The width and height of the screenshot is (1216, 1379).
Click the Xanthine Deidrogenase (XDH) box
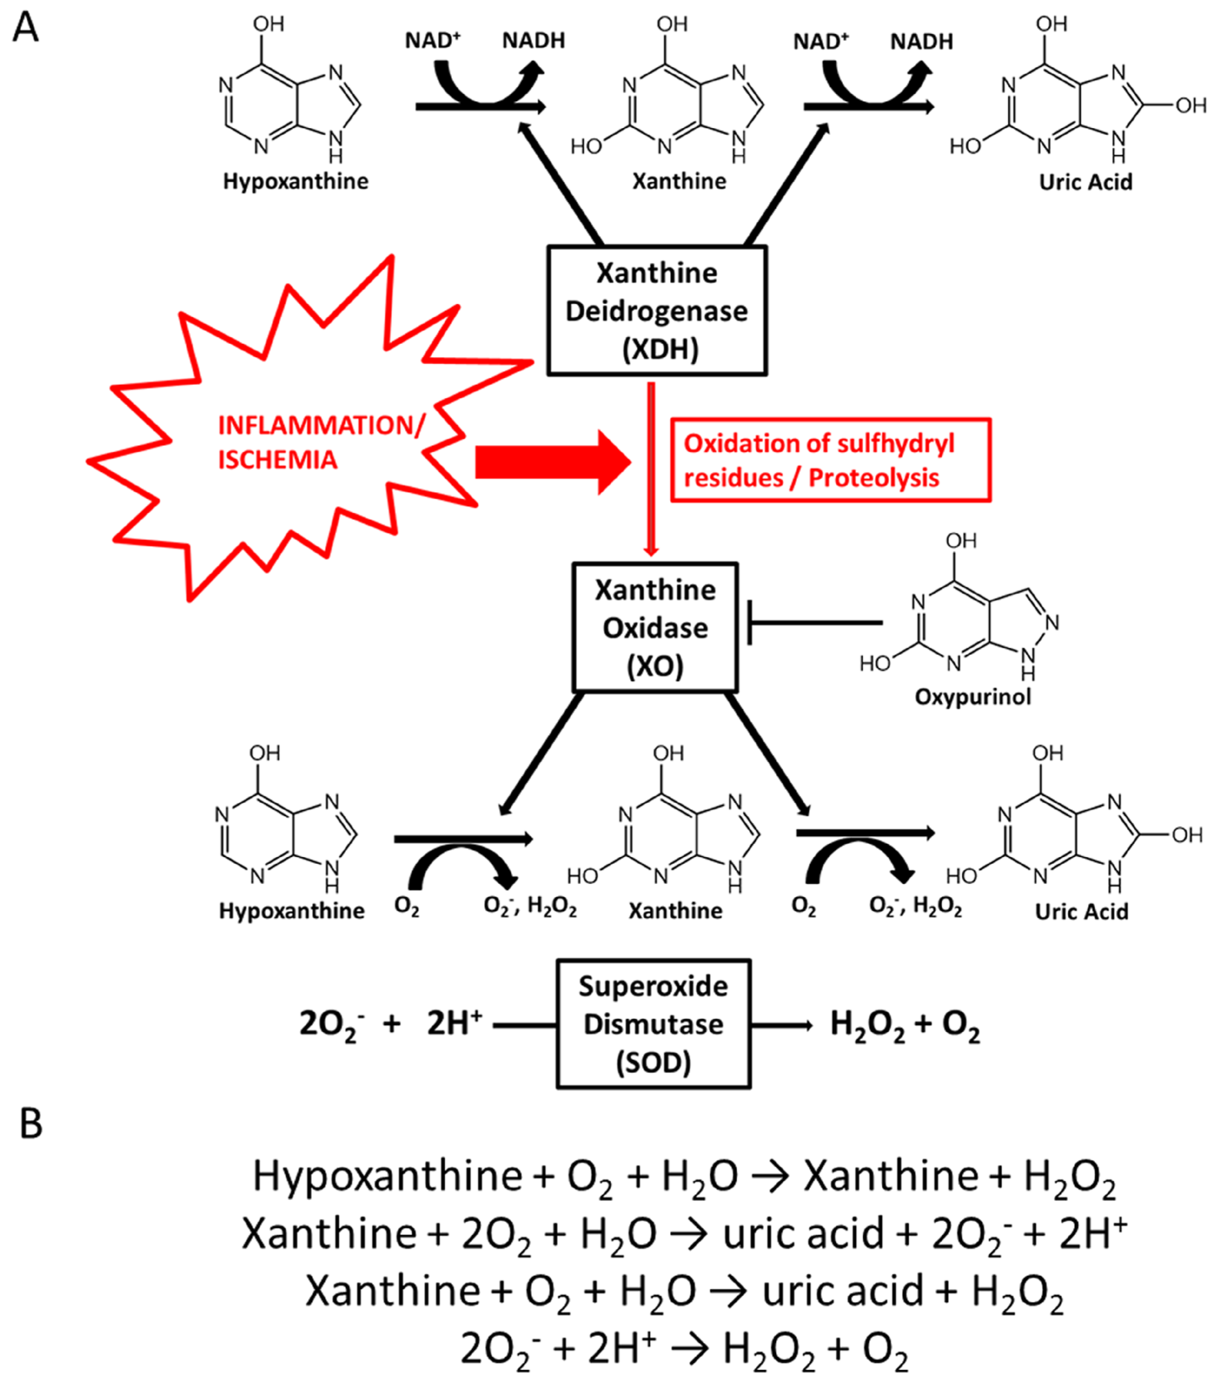tap(657, 310)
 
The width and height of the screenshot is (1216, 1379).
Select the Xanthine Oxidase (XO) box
tap(654, 627)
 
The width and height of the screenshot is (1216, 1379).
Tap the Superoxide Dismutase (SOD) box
tap(653, 1024)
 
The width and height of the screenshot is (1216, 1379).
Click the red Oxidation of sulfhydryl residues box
tap(830, 460)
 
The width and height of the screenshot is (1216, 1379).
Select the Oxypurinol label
tap(973, 696)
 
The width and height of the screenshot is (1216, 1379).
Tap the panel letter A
tap(26, 28)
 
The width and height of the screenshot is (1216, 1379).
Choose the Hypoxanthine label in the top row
tap(296, 181)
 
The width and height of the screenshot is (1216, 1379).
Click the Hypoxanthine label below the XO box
tap(291, 911)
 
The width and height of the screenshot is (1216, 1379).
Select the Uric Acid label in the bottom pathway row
tap(1081, 911)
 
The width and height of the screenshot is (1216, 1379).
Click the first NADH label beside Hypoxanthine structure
tap(533, 41)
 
